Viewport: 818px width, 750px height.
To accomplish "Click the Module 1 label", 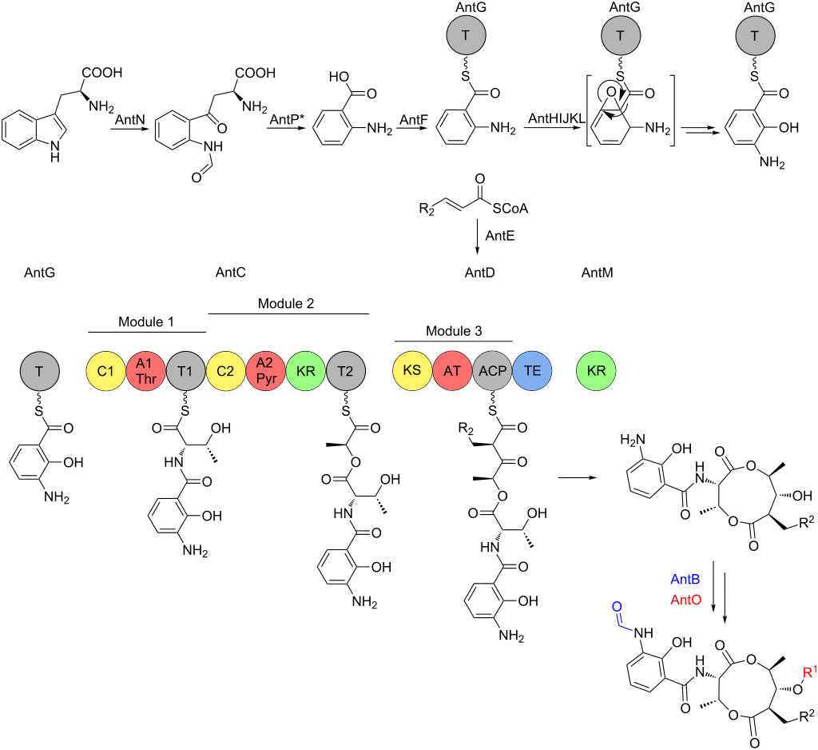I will (x=147, y=321).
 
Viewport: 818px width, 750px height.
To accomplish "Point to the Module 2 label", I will (x=286, y=304).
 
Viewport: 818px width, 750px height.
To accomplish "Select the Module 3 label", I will (x=453, y=331).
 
